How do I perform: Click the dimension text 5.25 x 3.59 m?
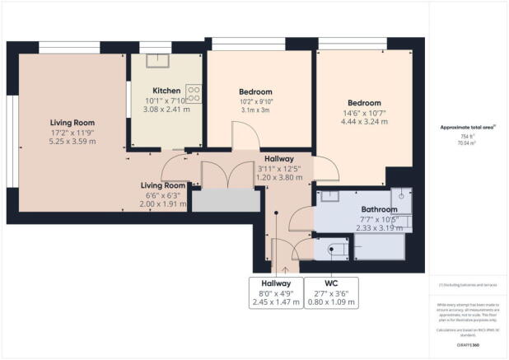(x=72, y=142)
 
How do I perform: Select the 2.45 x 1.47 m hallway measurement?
(x=278, y=302)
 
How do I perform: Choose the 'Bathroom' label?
(x=380, y=209)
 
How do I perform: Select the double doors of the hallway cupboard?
(x=225, y=175)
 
